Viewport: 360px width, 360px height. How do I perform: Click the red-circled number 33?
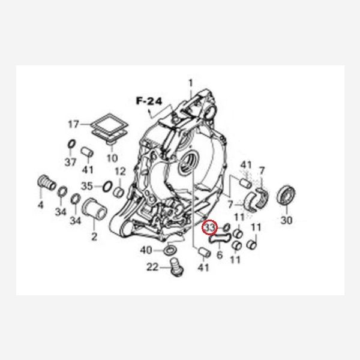209,227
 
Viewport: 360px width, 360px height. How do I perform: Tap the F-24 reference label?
149,101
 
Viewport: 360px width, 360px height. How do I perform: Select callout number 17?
74,124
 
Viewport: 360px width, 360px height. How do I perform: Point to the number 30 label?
287,220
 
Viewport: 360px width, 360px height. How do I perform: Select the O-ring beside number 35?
107,186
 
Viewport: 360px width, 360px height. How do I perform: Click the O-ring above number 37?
71,144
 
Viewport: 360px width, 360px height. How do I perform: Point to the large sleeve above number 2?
94,209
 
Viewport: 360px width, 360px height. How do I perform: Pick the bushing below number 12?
119,192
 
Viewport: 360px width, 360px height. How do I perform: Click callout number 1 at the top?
191,83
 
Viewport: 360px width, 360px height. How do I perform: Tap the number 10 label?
112,158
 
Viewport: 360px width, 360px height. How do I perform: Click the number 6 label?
220,255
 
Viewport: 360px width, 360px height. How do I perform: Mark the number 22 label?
152,267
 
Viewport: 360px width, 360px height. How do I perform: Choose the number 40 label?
146,250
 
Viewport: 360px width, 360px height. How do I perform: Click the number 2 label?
94,236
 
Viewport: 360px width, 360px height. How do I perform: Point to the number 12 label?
121,171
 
